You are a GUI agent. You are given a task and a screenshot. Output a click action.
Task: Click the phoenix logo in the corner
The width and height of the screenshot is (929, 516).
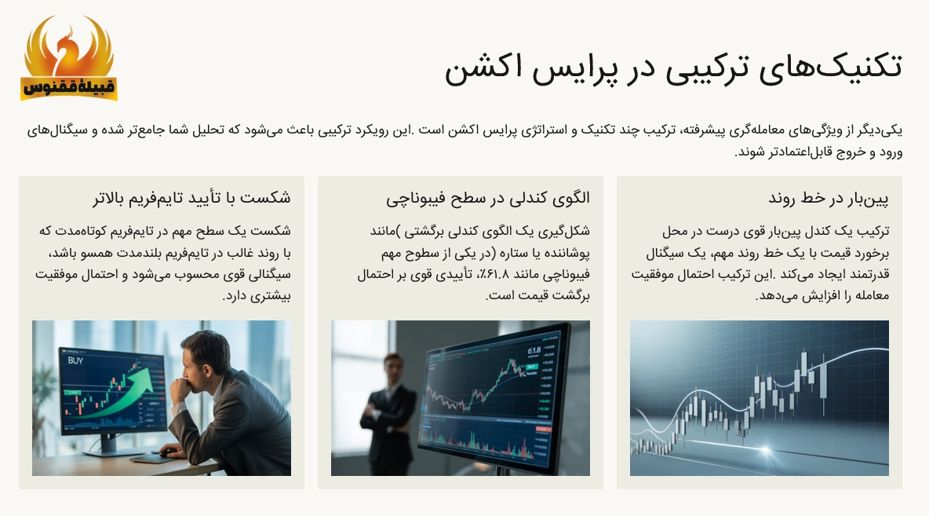pos(68,59)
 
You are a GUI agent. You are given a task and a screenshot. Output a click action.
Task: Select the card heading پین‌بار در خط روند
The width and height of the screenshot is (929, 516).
pos(829,198)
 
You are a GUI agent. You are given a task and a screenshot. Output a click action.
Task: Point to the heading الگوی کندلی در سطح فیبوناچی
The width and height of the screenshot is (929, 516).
pos(487,198)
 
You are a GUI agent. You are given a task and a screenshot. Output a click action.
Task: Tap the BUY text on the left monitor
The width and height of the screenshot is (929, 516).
pos(76,360)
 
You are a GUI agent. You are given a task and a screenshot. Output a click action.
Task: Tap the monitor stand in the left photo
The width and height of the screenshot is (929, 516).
pos(100,445)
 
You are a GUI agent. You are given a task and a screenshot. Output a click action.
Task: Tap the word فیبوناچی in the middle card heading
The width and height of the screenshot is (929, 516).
pos(414,198)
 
